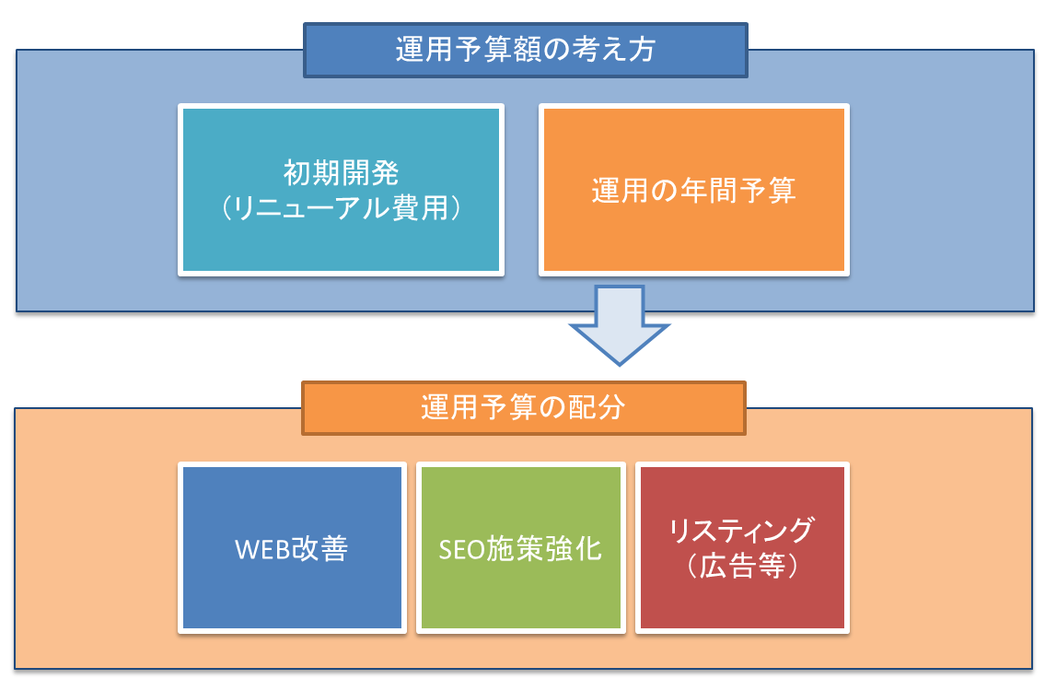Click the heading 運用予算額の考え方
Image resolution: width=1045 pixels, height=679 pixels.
[525, 50]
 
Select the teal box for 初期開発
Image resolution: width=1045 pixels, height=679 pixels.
[342, 190]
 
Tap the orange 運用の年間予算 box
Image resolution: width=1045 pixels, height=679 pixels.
[694, 190]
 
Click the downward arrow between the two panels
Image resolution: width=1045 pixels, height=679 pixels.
[619, 325]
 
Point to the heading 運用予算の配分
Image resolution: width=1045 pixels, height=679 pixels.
[523, 408]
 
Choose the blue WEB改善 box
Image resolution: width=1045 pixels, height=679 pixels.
[292, 547]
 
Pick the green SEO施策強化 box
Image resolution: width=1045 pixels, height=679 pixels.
[520, 547]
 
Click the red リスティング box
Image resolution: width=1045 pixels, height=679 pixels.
[742, 547]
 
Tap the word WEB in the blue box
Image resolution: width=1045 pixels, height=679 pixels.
[261, 550]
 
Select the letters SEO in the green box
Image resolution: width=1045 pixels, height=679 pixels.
[462, 550]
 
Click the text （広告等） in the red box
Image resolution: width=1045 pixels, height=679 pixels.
[742, 567]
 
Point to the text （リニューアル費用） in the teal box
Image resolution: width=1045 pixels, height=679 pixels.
[341, 208]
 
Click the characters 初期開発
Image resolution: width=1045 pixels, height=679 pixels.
[342, 173]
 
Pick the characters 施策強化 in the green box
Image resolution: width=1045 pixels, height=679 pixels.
[544, 549]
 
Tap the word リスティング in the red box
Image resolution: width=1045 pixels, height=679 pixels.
[741, 531]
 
